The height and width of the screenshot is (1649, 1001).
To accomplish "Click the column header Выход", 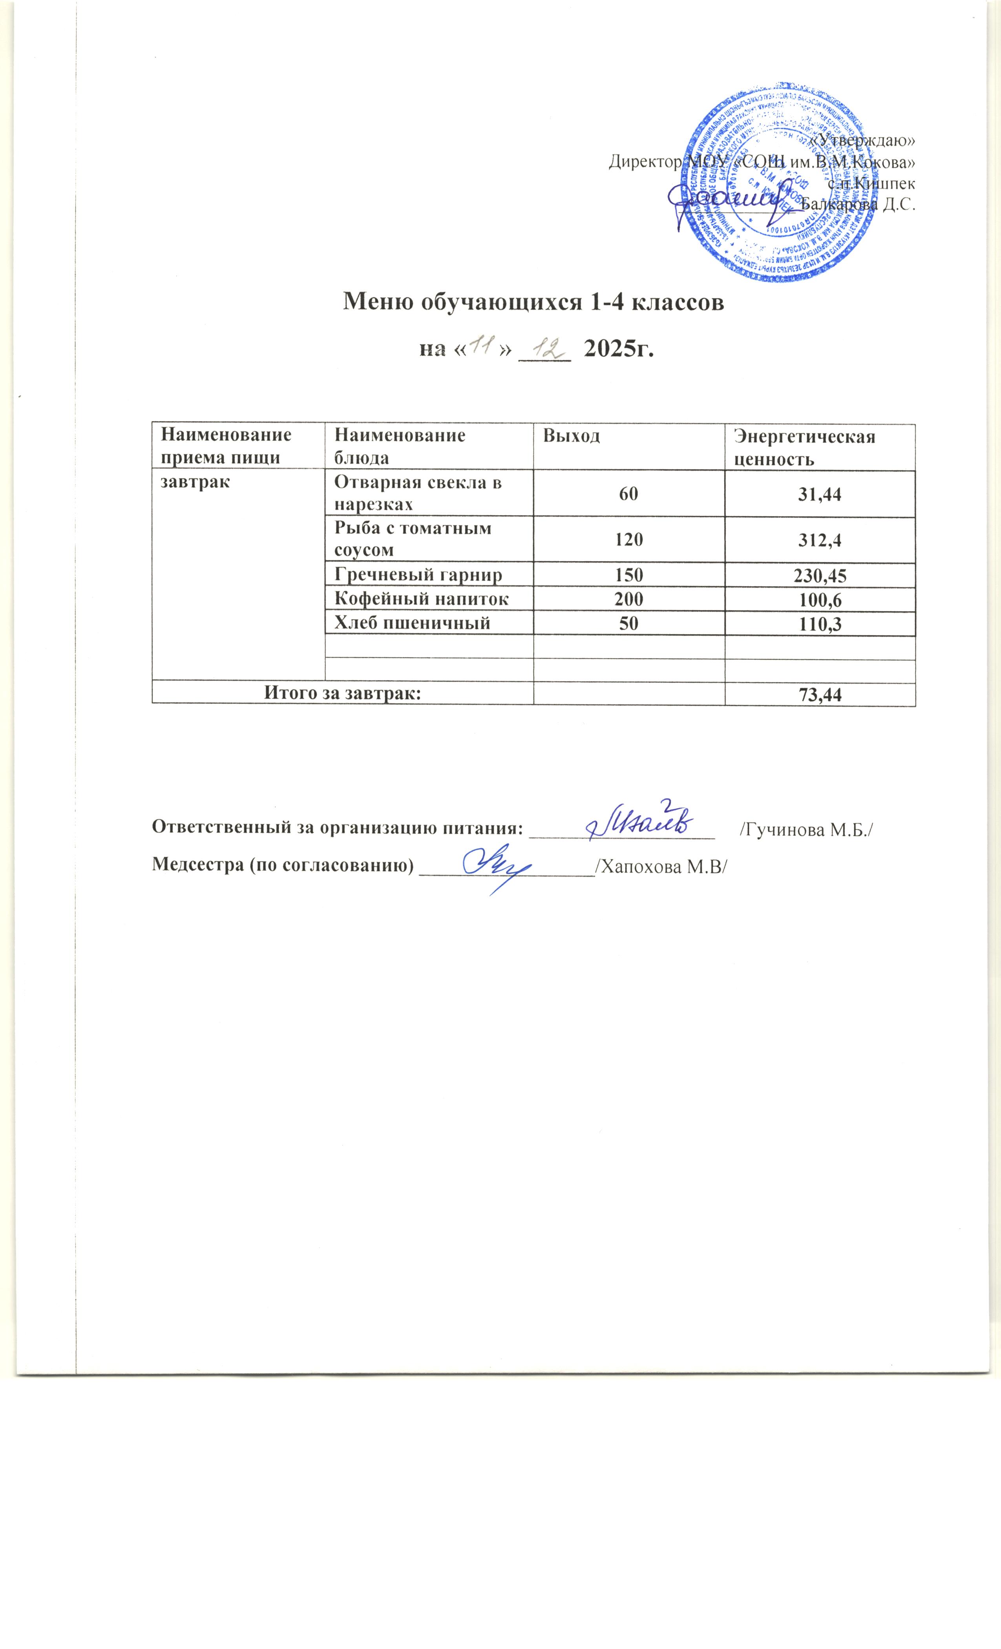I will [x=571, y=436].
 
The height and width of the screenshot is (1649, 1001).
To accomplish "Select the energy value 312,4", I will [x=820, y=539].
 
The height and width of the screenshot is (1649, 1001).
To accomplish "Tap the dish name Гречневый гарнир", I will [x=418, y=574].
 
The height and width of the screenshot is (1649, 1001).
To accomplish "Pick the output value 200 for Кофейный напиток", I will [x=628, y=599].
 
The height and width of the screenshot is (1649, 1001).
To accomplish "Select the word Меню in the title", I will [x=376, y=302].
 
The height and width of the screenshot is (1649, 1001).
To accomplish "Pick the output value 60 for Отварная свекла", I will [x=628, y=494].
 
